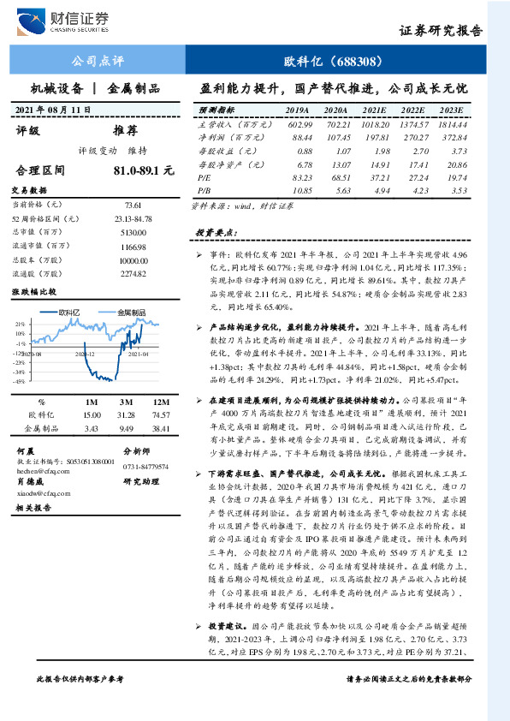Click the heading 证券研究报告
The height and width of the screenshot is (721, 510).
point(441,30)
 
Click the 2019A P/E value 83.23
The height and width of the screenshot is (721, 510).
point(297,176)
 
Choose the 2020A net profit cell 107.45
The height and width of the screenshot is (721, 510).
point(335,137)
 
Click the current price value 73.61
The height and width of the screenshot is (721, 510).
point(132,206)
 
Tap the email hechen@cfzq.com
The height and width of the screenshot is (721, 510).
point(42,470)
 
